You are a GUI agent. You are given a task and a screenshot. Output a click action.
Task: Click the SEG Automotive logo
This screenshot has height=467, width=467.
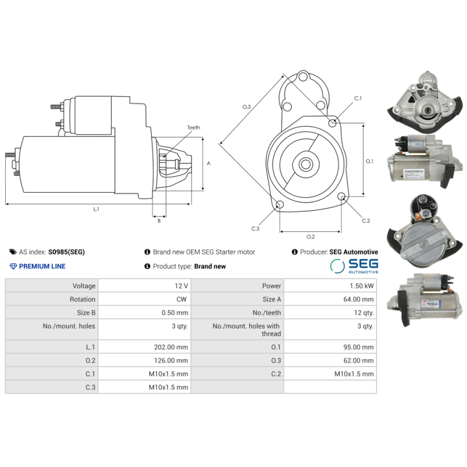354,266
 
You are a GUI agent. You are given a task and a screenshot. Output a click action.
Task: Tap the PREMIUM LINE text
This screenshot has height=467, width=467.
42,266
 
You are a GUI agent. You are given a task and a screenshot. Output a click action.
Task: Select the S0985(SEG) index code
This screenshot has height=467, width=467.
66,252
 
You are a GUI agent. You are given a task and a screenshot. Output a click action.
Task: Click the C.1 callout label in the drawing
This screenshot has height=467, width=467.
358,98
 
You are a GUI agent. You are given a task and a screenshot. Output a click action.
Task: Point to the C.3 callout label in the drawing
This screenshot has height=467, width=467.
256,228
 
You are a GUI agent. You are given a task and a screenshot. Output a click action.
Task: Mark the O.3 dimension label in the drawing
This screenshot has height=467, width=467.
246,106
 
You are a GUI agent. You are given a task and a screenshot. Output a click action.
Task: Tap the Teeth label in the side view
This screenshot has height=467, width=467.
193,128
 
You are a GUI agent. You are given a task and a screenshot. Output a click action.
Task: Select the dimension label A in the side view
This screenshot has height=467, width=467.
208,163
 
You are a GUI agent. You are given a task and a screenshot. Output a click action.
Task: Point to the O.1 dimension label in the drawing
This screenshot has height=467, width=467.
369,161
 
